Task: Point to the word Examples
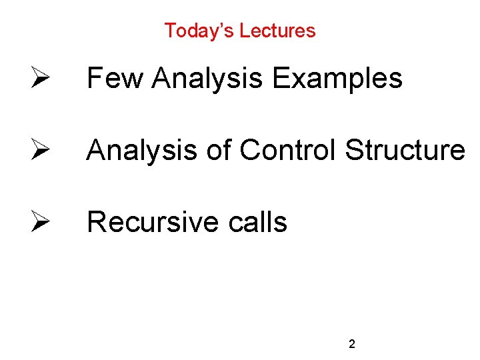coord(337,79)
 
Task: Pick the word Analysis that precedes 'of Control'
coord(142,150)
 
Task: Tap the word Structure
coord(405,150)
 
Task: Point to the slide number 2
coord(352,345)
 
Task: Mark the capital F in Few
coord(94,79)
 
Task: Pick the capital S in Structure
coord(353,150)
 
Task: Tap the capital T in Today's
coord(169,31)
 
